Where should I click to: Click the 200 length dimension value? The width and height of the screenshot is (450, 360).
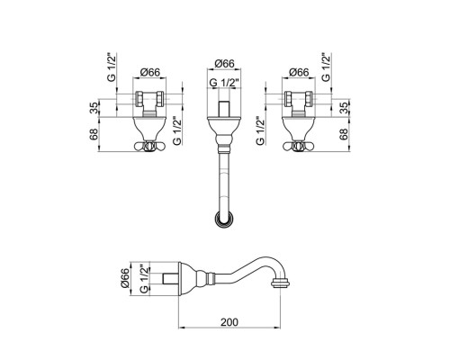pyautogui.click(x=229, y=322)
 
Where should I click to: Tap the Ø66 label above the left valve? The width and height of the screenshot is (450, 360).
pyautogui.click(x=150, y=72)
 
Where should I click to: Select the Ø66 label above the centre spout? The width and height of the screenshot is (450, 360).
pyautogui.click(x=224, y=64)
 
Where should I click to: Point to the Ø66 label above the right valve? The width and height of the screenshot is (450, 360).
pyautogui.click(x=299, y=72)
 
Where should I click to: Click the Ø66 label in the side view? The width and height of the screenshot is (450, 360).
pyautogui.click(x=125, y=278)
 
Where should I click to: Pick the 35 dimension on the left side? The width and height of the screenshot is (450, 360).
pyautogui.click(x=94, y=108)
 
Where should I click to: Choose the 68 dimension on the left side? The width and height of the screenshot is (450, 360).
pyautogui.click(x=94, y=134)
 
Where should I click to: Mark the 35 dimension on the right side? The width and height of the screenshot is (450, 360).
pyautogui.click(x=345, y=108)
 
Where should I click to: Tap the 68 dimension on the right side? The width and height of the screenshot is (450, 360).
pyautogui.click(x=344, y=134)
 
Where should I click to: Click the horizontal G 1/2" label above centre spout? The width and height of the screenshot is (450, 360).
pyautogui.click(x=224, y=83)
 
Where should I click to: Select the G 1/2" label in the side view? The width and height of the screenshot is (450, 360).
pyautogui.click(x=144, y=279)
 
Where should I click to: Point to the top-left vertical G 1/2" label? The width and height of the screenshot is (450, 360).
pyautogui.click(x=111, y=67)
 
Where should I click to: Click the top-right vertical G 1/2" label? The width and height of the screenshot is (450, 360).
pyautogui.click(x=326, y=67)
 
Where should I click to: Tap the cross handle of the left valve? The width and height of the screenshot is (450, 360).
pyautogui.click(x=149, y=147)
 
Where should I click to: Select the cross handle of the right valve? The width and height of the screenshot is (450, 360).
pyautogui.click(x=298, y=147)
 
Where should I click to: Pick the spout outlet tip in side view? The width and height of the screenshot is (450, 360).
pyautogui.click(x=280, y=283)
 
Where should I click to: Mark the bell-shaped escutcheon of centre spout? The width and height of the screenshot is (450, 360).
pyautogui.click(x=224, y=130)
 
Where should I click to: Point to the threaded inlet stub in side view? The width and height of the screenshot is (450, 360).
pyautogui.click(x=170, y=279)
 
